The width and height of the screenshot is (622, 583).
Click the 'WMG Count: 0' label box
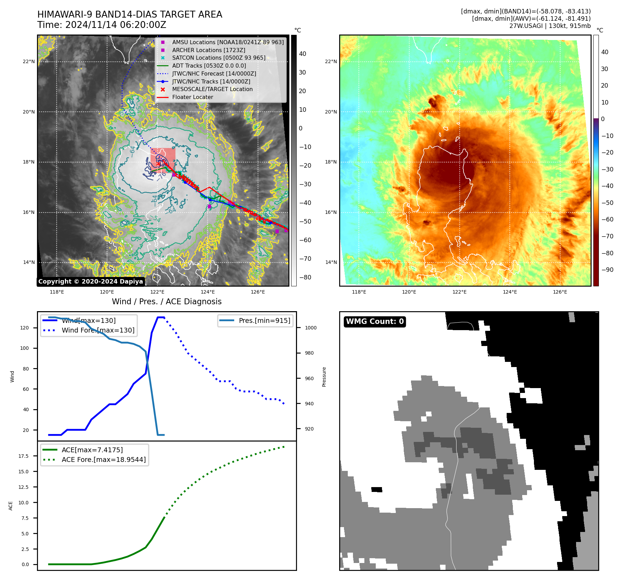pyautogui.click(x=375, y=322)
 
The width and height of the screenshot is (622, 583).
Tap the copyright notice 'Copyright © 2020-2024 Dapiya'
pyautogui.click(x=90, y=281)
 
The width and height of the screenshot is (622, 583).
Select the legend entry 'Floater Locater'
pyautogui.click(x=192, y=97)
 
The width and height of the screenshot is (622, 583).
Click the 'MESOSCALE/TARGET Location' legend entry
pyautogui.click(x=212, y=89)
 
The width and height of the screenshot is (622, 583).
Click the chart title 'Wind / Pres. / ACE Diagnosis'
pyautogui.click(x=166, y=302)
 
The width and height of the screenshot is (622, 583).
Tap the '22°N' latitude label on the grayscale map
pyautogui.click(x=29, y=62)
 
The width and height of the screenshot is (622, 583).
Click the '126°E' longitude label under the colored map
pyautogui.click(x=560, y=292)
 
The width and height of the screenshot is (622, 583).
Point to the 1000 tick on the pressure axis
pyautogui.click(x=310, y=328)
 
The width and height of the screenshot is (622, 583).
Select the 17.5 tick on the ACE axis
pyautogui.click(x=23, y=456)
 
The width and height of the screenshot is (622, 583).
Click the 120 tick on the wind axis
pyautogui.click(x=25, y=328)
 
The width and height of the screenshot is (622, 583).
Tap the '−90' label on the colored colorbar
pyautogui.click(x=607, y=270)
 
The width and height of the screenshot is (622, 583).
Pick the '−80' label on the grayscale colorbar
pyautogui.click(x=305, y=277)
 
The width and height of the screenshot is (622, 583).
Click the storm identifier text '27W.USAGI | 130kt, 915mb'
pyautogui.click(x=550, y=26)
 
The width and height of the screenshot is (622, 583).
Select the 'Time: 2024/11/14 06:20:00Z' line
pyautogui.click(x=102, y=25)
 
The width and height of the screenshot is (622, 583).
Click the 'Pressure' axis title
pyautogui.click(x=324, y=377)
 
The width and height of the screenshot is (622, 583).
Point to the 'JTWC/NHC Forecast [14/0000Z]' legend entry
pyautogui.click(x=214, y=74)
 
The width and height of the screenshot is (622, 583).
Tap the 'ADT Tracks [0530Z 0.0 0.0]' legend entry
pyautogui.click(x=209, y=66)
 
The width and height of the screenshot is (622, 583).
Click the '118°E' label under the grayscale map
pyautogui.click(x=57, y=292)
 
